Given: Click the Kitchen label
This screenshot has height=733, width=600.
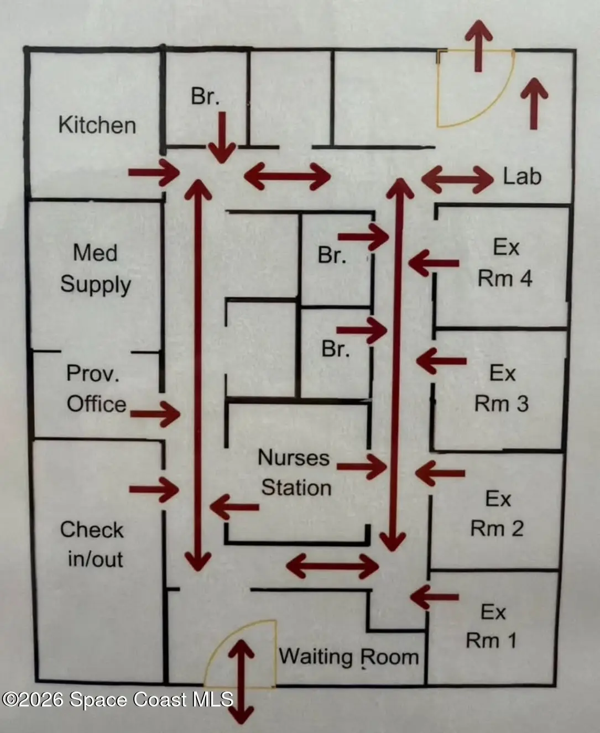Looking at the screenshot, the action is click(x=97, y=125).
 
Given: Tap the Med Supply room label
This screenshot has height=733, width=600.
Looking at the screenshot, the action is click(x=96, y=269).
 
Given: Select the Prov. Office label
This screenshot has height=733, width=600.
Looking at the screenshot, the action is click(x=96, y=389).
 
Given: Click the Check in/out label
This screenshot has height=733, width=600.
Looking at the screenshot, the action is click(x=92, y=544).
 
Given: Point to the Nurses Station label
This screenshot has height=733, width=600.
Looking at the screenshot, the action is click(x=295, y=472).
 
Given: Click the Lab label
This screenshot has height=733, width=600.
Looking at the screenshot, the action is click(x=522, y=176).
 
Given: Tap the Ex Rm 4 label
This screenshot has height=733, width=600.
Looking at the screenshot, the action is click(x=505, y=263).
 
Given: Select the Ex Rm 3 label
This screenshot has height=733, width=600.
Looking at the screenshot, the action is click(x=502, y=388).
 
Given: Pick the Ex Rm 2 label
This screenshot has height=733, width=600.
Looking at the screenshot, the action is click(x=497, y=514).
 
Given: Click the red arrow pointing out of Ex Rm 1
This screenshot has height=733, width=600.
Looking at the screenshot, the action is click(x=434, y=597).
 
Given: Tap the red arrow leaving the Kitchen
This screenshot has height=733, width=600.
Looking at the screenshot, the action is click(x=154, y=172).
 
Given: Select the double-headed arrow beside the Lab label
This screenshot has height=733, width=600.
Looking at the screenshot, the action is click(x=457, y=179).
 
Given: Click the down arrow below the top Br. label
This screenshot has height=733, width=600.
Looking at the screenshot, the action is click(x=222, y=138).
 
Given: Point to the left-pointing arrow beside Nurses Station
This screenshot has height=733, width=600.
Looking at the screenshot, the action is click(x=234, y=507).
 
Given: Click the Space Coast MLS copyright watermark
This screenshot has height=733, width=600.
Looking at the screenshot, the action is click(x=117, y=699).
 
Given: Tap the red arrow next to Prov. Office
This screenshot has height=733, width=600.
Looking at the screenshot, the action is click(x=155, y=414).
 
